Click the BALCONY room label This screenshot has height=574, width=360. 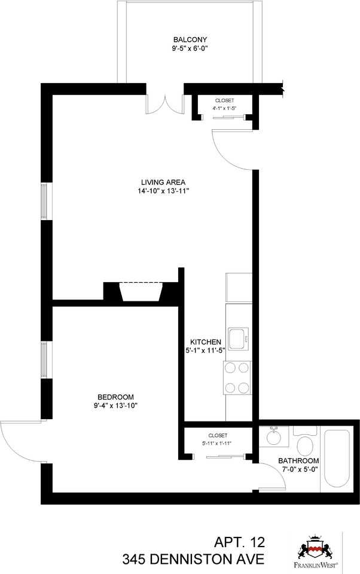(190, 40)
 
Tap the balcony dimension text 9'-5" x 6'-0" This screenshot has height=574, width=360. (190, 50)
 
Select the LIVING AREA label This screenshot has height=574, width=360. (163, 182)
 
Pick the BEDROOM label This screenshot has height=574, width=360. (115, 397)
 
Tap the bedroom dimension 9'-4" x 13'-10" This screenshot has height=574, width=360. (115, 406)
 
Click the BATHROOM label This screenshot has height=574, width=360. (298, 461)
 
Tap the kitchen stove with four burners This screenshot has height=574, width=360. (238, 377)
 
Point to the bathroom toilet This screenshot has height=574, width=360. (305, 444)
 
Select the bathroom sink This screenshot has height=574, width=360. (274, 436)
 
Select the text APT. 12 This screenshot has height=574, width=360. (239, 544)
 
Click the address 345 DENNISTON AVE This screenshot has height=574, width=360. (193, 560)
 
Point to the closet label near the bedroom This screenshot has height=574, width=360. (218, 435)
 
